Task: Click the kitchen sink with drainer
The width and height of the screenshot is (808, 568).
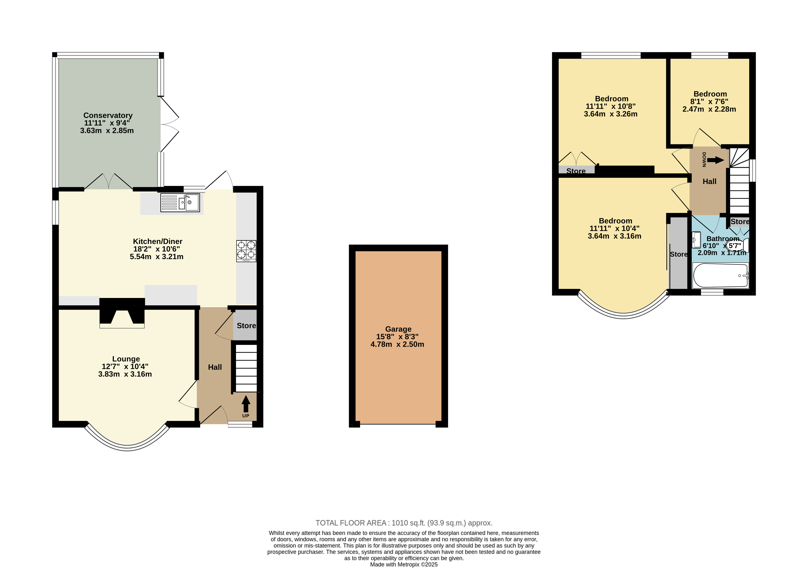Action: (180, 203)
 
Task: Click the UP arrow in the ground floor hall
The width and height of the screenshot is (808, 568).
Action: (246, 404)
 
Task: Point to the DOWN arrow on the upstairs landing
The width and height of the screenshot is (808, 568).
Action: (715, 160)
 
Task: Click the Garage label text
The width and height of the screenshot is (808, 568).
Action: (398, 329)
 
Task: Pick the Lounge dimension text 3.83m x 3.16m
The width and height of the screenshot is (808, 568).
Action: (125, 374)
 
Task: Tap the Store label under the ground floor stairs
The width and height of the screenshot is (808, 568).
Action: (246, 326)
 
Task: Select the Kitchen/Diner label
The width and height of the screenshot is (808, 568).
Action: (158, 242)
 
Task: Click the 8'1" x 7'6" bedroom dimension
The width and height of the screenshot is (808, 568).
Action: (709, 102)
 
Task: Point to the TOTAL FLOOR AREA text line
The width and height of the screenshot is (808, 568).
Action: (404, 523)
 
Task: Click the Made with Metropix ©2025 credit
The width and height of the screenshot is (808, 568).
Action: (404, 565)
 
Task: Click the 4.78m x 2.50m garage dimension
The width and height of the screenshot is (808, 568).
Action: (397, 344)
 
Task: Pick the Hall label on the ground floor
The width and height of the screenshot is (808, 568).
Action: (215, 367)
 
